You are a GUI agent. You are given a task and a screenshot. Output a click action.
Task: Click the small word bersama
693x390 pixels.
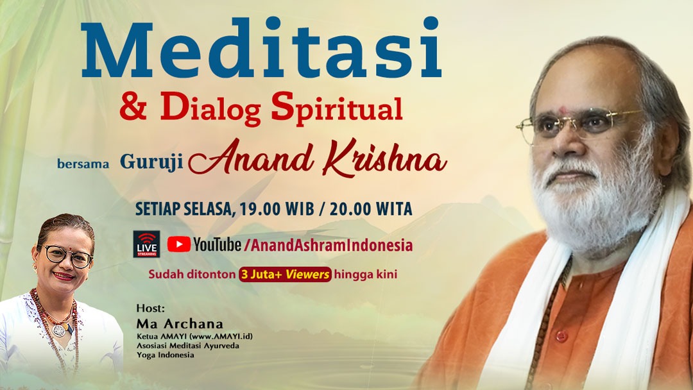tap(83, 165)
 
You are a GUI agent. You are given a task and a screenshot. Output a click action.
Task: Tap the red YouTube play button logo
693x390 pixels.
tap(178, 244)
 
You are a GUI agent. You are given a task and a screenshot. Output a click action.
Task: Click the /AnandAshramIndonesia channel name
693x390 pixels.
tap(328, 245)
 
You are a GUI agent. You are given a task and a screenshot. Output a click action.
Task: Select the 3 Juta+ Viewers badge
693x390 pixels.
tap(286, 275)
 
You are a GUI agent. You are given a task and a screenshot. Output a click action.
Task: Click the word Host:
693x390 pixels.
tap(146, 308)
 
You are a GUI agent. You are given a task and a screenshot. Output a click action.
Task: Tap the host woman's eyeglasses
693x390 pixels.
tap(67, 256)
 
